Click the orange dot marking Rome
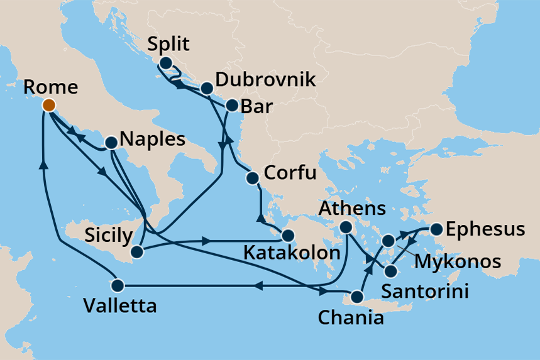click(x=48, y=105)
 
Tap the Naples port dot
click(x=111, y=143)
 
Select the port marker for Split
click(x=165, y=63)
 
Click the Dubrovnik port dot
click(x=206, y=89)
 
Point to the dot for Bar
click(x=231, y=106)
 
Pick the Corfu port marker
click(x=253, y=178)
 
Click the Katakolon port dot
click(x=287, y=236)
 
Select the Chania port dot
click(x=357, y=297)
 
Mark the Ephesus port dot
click(x=435, y=229)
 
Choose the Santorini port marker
click(x=390, y=272)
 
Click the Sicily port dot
click(x=136, y=253)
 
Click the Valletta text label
click(x=120, y=307)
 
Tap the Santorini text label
click(x=427, y=291)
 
